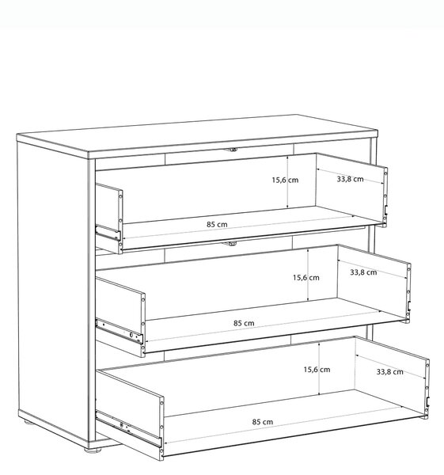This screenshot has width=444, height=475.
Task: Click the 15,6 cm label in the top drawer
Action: [285, 180]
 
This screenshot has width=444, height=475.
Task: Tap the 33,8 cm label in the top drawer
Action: [350, 179]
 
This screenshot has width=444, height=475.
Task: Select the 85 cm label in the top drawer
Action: [217, 225]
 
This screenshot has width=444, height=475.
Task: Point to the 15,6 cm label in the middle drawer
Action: [306, 278]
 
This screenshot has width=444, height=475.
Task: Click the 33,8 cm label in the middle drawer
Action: [363, 272]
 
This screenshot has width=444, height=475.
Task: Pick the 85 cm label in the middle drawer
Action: [244, 323]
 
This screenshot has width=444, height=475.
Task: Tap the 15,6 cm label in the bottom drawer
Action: [317, 370]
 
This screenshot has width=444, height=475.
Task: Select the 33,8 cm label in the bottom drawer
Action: [390, 372]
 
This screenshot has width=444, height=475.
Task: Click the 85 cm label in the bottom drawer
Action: [263, 422]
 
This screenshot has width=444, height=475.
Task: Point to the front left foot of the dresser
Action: [92, 450]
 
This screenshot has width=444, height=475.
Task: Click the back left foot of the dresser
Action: [28, 422]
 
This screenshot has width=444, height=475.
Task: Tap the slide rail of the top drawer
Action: [108, 232]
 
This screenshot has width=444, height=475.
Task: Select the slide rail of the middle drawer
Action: [120, 331]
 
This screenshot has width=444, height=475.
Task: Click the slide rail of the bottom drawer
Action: [129, 428]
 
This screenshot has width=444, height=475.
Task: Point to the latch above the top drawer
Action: [233, 150]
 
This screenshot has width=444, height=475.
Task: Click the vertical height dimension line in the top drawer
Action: [287, 182]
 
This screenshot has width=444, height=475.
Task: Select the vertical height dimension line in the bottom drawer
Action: [319, 369]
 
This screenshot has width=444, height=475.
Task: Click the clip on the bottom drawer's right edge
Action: [427, 401]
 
